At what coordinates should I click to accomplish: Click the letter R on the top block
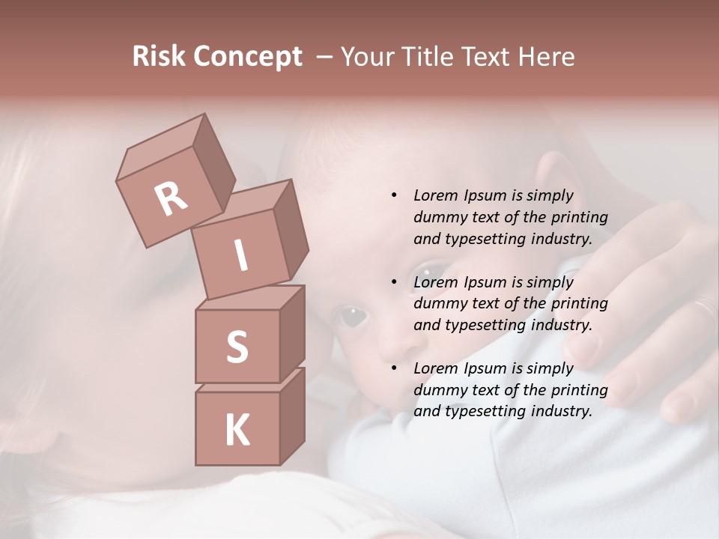[172, 198]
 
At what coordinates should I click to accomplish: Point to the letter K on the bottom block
[237, 430]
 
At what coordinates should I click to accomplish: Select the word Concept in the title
[248, 57]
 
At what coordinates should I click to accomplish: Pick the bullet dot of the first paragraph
[394, 195]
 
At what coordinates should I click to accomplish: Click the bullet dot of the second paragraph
[394, 282]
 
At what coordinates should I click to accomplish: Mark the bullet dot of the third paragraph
[394, 368]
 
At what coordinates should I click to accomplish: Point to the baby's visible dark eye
[351, 316]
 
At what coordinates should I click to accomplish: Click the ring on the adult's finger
[705, 307]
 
